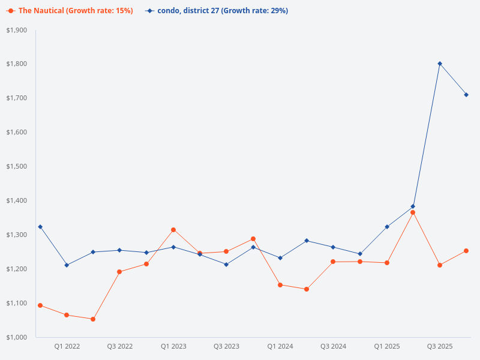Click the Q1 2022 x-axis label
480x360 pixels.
pos(67,346)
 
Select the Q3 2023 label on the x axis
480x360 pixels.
pos(226,346)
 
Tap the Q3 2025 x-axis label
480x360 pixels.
pos(439,346)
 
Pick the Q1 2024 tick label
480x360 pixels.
pos(280,346)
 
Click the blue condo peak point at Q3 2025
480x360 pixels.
pos(440,64)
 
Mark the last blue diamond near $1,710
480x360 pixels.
pos(466,95)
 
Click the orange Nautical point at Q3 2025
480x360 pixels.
pos(440,265)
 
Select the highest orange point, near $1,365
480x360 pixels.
pos(413,212)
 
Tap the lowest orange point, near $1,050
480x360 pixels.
pos(93,319)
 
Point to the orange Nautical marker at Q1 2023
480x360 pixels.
pos(173,230)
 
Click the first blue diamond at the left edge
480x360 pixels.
pos(40,227)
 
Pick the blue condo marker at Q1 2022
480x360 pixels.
pos(67,265)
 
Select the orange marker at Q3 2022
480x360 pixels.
pos(119,272)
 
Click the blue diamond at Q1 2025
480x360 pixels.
pos(387,227)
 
